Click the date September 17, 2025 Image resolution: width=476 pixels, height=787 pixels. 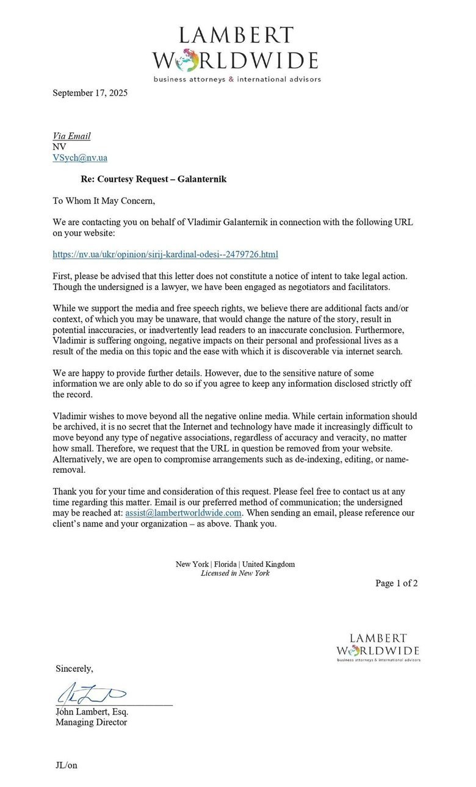tap(90, 93)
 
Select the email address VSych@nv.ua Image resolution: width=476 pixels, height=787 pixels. tap(80, 157)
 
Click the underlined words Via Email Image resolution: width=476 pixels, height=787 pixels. tap(71, 136)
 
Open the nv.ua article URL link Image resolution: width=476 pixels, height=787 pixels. tap(165, 253)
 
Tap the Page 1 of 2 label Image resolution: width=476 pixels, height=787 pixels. tap(396, 583)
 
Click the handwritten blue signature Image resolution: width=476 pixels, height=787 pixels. tap(92, 694)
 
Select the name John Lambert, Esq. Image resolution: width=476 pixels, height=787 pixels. tap(92, 711)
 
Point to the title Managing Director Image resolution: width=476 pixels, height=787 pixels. tap(92, 722)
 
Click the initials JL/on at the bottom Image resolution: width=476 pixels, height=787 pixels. tap(67, 765)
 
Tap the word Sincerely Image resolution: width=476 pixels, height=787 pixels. tap(74, 669)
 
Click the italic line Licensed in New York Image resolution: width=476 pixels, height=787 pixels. tap(235, 573)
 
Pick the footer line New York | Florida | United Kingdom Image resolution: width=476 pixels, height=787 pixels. tap(235, 564)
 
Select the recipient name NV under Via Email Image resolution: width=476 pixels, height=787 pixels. tap(59, 147)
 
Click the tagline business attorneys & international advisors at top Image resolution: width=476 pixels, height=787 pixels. tap(237, 79)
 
